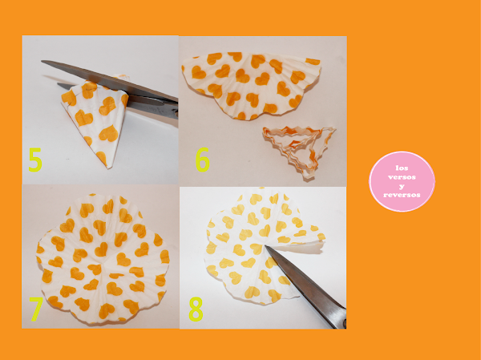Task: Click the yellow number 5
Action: coord(35,160)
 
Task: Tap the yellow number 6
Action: coord(203,160)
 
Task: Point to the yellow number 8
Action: coord(196,309)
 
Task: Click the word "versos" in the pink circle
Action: coord(402,177)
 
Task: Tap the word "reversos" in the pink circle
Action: coord(402,195)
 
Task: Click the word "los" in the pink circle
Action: coord(402,168)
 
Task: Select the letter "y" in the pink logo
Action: coord(402,186)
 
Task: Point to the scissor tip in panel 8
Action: coord(265,246)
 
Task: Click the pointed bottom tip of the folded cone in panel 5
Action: coord(107,168)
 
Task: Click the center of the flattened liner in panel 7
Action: coord(103,261)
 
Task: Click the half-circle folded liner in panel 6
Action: coord(252,85)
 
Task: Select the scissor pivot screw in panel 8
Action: coord(345,323)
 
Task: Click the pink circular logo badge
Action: coord(402,181)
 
